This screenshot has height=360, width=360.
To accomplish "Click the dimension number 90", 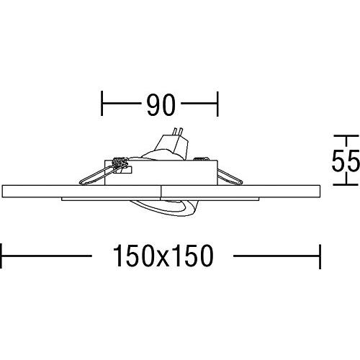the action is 161,104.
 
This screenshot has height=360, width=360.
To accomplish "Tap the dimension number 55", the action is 346,161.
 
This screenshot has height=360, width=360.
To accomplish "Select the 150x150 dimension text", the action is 163,256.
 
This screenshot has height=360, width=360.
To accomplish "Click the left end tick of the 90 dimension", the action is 102,103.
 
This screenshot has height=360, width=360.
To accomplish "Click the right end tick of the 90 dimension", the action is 217,104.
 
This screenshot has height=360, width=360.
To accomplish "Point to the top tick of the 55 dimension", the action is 346,136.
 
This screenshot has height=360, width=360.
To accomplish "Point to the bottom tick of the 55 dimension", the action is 346,185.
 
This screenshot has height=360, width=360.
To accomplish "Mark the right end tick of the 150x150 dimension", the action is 320,256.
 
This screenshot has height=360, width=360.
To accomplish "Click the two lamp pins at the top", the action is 178,132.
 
